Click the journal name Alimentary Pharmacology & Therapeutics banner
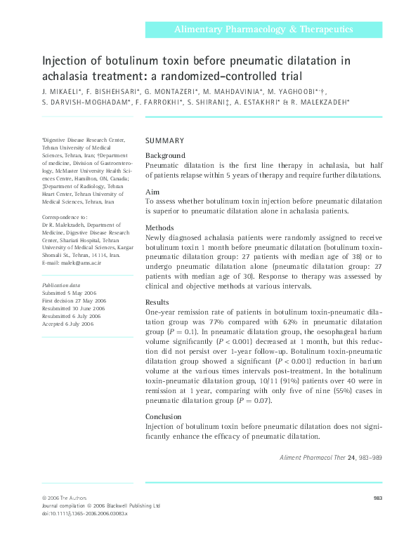click(x=263, y=30)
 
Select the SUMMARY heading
click(x=164, y=140)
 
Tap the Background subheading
click(x=165, y=155)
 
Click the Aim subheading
click(x=152, y=192)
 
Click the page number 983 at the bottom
click(x=377, y=498)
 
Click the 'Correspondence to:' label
click(x=65, y=218)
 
